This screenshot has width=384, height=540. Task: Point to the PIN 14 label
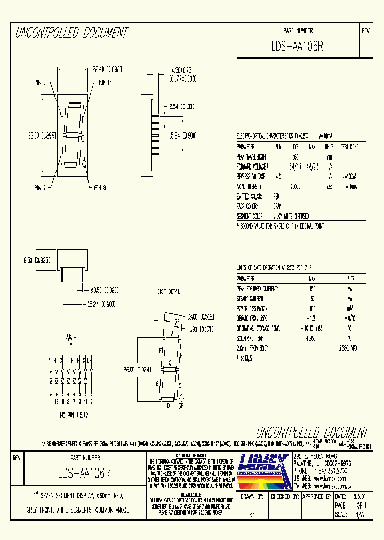click(105, 83)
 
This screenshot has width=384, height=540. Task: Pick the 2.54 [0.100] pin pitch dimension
click(179, 106)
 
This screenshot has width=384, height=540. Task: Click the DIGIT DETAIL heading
click(168, 292)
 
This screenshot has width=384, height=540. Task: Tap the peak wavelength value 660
click(295, 156)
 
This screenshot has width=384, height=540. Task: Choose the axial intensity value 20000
click(295, 186)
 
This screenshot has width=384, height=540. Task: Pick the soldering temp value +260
click(313, 338)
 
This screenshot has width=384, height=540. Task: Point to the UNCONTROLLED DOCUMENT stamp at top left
click(71, 33)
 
